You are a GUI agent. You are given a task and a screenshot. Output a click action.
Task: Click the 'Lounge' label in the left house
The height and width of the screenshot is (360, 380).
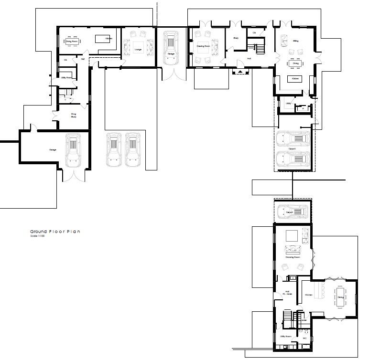138,49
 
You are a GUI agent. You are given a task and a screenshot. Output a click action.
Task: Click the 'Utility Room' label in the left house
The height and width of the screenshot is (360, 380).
66,77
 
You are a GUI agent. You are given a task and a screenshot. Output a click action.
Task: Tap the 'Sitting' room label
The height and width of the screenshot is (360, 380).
296,42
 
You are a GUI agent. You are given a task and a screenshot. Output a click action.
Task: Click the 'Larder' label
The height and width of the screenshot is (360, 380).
304,320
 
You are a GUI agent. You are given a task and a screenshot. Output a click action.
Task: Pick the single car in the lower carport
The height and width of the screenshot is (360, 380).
292,211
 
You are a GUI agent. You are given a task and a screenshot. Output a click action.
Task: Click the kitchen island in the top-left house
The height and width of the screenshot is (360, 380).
100,39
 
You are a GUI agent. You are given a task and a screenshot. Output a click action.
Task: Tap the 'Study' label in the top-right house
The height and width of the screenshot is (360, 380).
236,38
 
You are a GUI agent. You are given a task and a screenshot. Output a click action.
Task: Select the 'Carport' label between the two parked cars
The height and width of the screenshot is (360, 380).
292,149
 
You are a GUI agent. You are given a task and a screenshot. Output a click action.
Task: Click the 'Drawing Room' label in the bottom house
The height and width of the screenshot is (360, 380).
293,257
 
